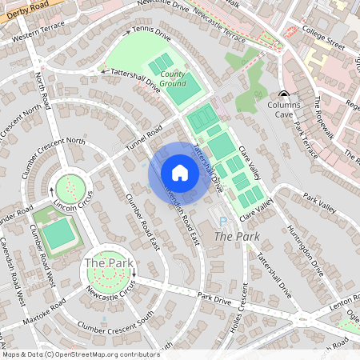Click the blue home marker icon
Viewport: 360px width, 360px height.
pos(180,174)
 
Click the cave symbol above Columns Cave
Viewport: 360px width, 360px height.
pos(284,94)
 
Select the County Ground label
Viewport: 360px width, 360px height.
pos(172,78)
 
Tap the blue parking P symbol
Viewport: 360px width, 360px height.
pos(222,220)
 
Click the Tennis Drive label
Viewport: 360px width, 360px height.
pos(152,36)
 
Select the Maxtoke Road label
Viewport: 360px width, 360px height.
pos(46,314)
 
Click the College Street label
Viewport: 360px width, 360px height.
pos(325,37)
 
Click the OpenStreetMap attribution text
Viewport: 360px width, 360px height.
pos(80,354)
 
